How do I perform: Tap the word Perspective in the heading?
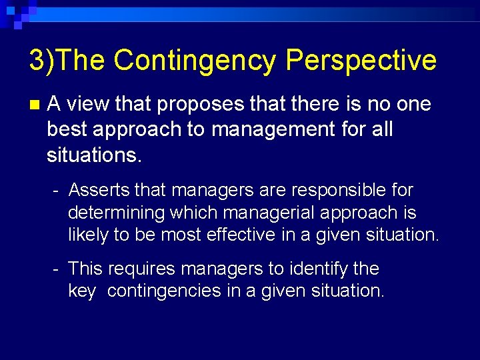click(x=361, y=61)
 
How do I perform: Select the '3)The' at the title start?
click(x=66, y=61)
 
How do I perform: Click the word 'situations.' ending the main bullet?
click(x=94, y=155)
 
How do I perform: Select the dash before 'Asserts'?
click(x=57, y=191)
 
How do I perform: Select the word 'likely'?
click(x=87, y=235)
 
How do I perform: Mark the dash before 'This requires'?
click(x=57, y=269)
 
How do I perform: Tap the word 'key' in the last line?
click(x=81, y=291)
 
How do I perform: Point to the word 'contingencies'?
click(x=175, y=291)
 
